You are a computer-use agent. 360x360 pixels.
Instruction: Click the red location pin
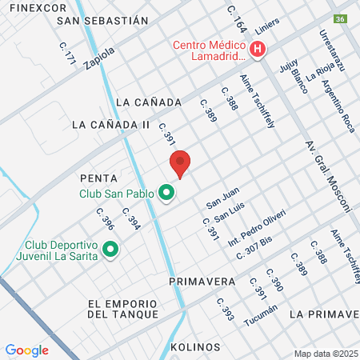click(180, 164)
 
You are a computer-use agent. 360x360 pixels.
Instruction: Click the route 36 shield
click(340, 18)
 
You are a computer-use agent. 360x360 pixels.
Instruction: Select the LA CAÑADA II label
click(111, 125)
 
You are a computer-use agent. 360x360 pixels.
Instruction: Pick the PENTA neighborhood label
click(98, 178)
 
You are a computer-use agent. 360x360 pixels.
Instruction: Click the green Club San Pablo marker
click(166, 193)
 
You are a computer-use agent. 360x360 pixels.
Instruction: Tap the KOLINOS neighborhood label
click(195, 347)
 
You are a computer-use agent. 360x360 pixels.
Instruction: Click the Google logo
click(26, 350)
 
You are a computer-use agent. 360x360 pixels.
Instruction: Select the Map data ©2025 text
click(326, 354)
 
